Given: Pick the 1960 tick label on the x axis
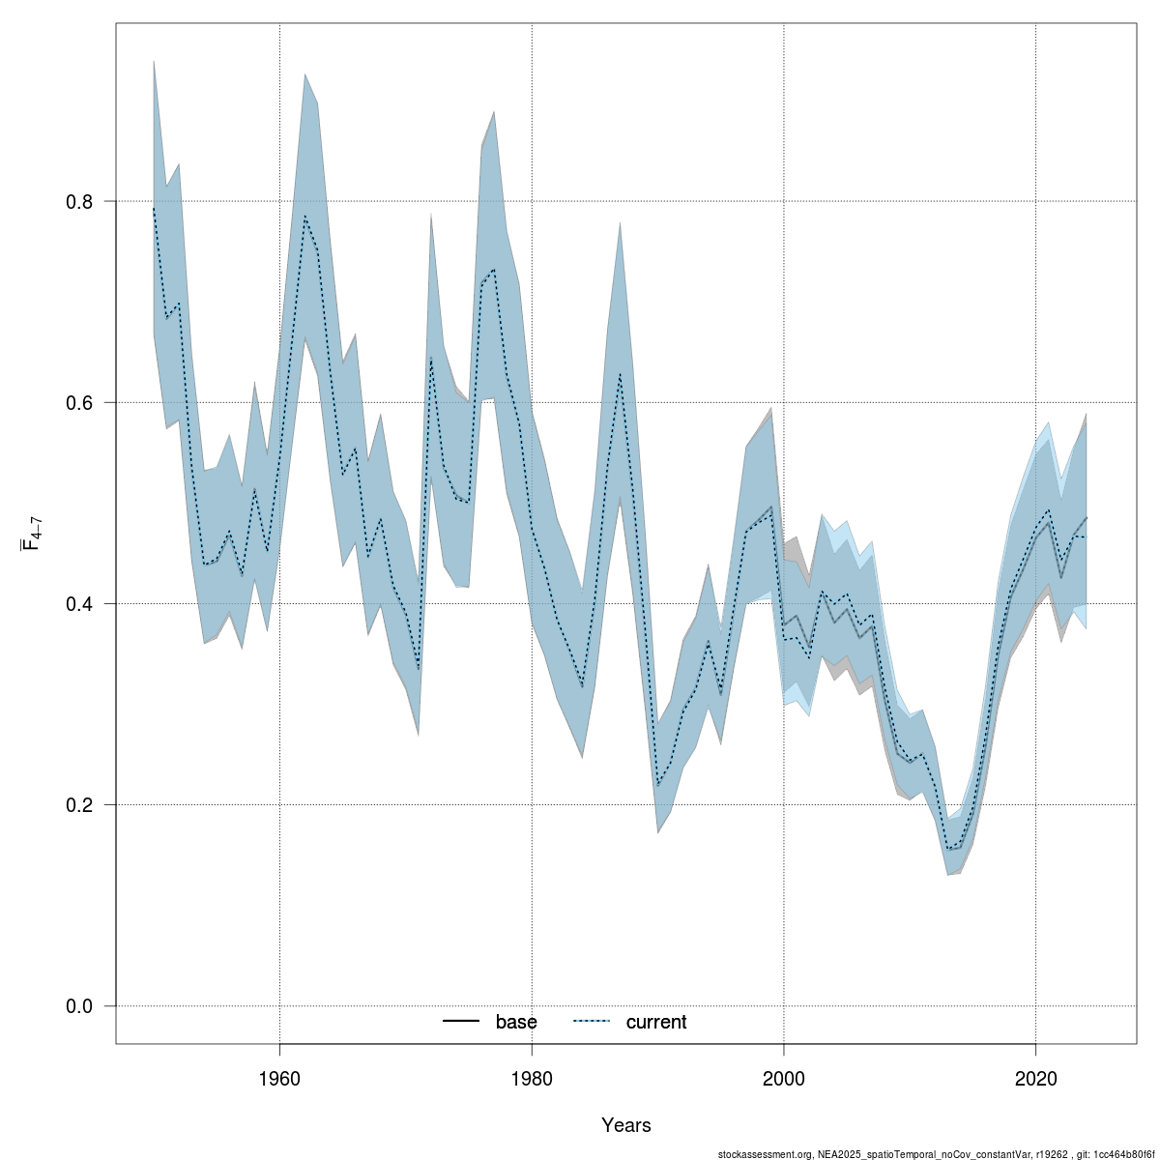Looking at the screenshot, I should coord(279,1076).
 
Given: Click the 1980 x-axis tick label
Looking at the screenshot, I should coord(532,1076).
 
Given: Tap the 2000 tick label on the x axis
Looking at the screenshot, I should coord(784,1076).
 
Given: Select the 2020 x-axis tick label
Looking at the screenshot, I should coord(1036,1076).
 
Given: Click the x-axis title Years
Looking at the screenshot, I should coord(626,1125).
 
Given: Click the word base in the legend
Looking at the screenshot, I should coord(516,1022).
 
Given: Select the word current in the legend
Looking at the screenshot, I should coord(656,1022).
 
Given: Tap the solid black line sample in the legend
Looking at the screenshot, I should coord(462,1022).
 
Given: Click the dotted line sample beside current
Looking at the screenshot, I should coord(593,1022).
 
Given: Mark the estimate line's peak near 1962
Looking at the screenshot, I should coord(304,217).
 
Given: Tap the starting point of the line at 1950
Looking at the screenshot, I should coord(154,207).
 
